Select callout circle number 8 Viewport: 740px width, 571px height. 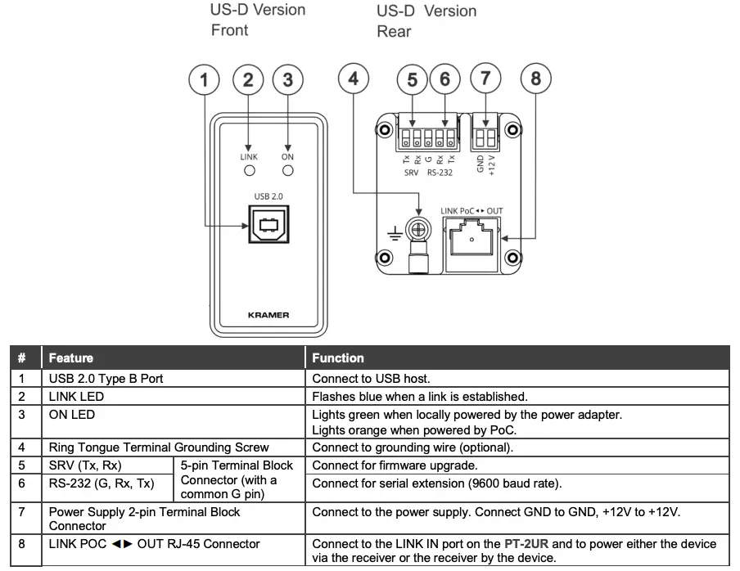pyautogui.click(x=535, y=80)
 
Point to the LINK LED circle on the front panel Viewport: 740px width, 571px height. pyautogui.click(x=249, y=171)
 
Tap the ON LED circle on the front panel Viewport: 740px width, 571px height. pyautogui.click(x=287, y=171)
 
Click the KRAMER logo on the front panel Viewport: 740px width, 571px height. pyautogui.click(x=268, y=314)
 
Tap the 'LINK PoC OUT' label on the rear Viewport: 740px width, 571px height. pyautogui.click(x=472, y=211)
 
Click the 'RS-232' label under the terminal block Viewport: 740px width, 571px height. pyautogui.click(x=440, y=173)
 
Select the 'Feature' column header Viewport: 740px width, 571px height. pyautogui.click(x=70, y=358)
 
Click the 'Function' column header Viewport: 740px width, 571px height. pyautogui.click(x=339, y=358)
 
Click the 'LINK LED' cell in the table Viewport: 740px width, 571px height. pyautogui.click(x=77, y=396)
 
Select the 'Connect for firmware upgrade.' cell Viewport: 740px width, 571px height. pyautogui.click(x=384, y=465)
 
